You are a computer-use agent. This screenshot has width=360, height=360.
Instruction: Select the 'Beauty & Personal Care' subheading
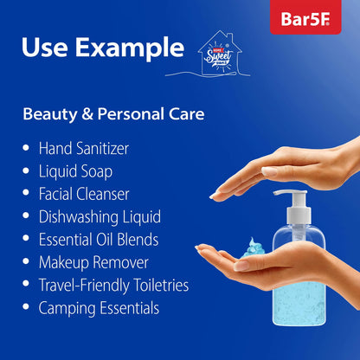point(113,113)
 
